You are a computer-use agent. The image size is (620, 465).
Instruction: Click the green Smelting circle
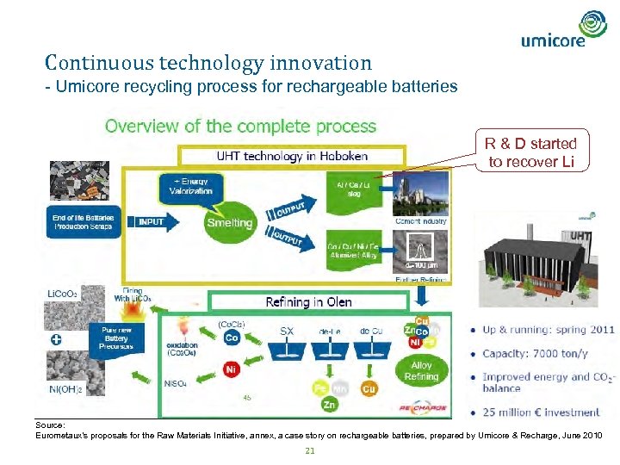(x=230, y=222)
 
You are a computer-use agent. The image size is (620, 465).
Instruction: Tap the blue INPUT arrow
(x=152, y=221)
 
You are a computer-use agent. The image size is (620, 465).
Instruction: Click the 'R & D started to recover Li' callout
(x=530, y=152)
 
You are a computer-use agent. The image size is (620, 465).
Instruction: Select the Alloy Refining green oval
(x=421, y=371)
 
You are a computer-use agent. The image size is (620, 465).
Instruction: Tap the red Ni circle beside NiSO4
(x=232, y=369)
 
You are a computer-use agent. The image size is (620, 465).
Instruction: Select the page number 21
(x=309, y=452)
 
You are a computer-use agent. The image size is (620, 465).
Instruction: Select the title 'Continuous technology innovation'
(x=208, y=63)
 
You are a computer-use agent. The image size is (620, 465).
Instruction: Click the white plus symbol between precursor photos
(x=56, y=339)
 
